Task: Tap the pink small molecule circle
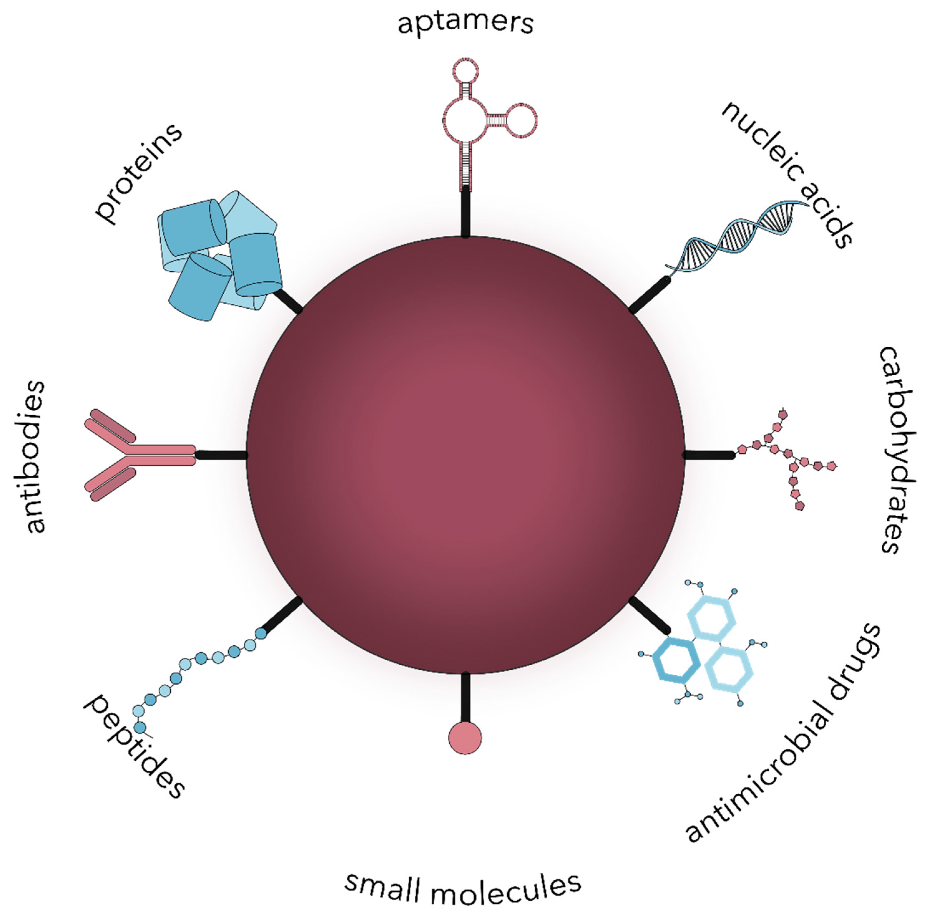(x=465, y=737)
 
